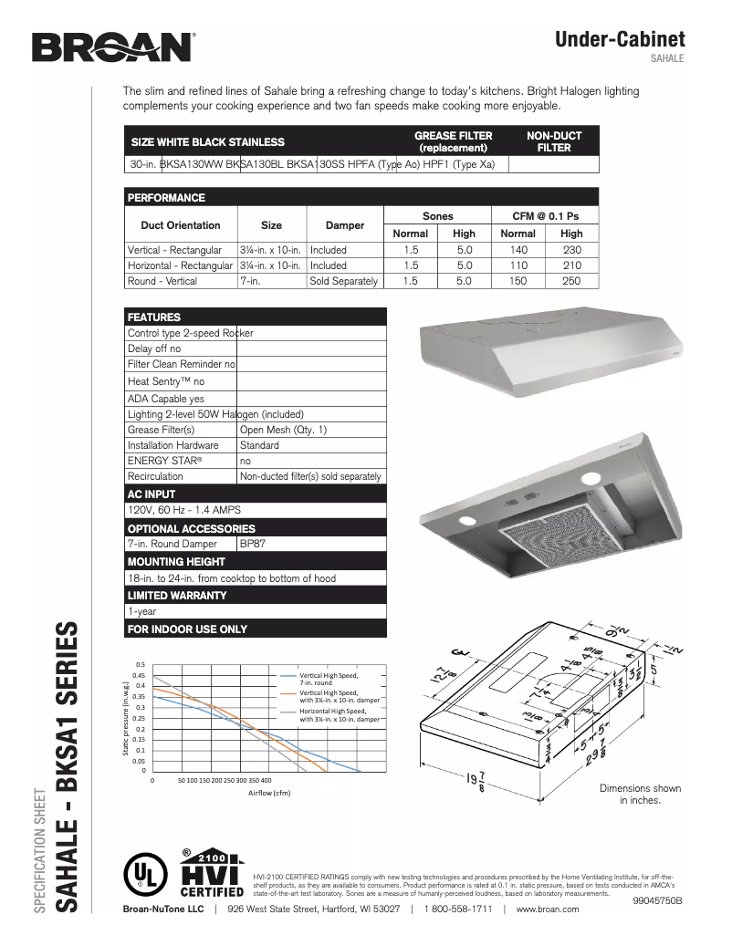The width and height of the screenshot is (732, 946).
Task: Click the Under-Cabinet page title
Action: tap(620, 39)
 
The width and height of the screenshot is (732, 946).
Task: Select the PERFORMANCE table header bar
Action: tap(361, 197)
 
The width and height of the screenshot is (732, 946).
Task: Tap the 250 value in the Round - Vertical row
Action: tap(570, 281)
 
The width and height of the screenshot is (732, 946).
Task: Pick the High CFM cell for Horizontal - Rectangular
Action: tap(570, 265)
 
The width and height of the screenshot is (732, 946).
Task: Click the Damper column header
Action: tap(345, 224)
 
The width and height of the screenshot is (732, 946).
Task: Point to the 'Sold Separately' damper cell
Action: tap(344, 281)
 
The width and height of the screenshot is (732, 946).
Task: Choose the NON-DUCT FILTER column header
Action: tap(553, 141)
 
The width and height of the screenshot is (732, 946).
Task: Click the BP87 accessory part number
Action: tap(252, 544)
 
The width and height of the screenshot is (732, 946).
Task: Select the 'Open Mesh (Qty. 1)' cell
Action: tap(283, 430)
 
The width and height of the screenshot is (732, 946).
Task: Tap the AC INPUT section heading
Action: tap(152, 494)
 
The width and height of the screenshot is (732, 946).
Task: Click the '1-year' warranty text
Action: tap(141, 612)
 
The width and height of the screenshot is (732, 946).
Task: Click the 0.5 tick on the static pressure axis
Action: tap(140, 664)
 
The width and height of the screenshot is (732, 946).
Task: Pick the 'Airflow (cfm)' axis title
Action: tap(269, 793)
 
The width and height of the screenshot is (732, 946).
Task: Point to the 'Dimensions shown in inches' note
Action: tap(640, 794)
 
